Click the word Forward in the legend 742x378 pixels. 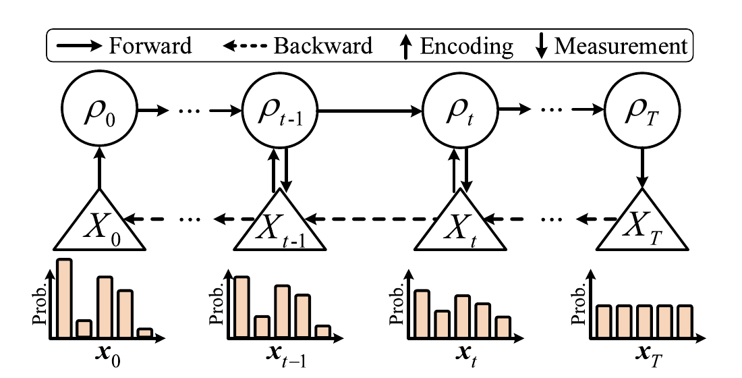point(150,46)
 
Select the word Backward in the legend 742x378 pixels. point(323,46)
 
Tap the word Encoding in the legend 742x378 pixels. point(466,47)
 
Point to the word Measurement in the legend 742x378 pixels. point(621,46)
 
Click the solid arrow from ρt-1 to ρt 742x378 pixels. point(370,111)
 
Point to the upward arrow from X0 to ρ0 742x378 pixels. point(99,168)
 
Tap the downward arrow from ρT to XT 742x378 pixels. point(642,168)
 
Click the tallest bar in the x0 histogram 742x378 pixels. point(64,298)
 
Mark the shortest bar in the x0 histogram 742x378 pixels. point(145,333)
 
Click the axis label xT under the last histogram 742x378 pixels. point(647,358)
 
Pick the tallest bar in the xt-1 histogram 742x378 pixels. point(241,307)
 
